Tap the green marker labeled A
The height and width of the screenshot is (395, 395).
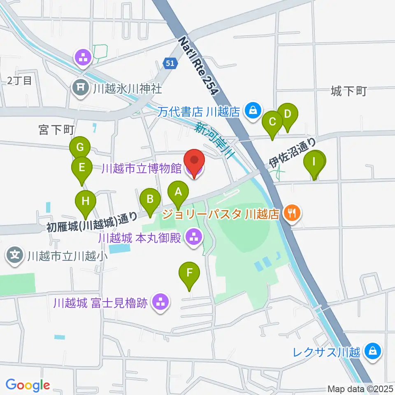point(178,193)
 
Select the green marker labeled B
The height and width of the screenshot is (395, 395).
point(150,200)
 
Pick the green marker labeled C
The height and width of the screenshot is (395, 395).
point(272,122)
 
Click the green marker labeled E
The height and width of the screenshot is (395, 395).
point(81,168)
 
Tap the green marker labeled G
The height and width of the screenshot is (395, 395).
point(80,147)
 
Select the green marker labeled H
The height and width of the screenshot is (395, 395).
point(86,202)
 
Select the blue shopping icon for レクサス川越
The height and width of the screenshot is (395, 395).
point(373,351)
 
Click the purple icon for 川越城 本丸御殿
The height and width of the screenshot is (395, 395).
point(193,237)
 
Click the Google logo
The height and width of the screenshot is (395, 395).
point(28,385)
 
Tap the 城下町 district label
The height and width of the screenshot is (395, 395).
point(348,91)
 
